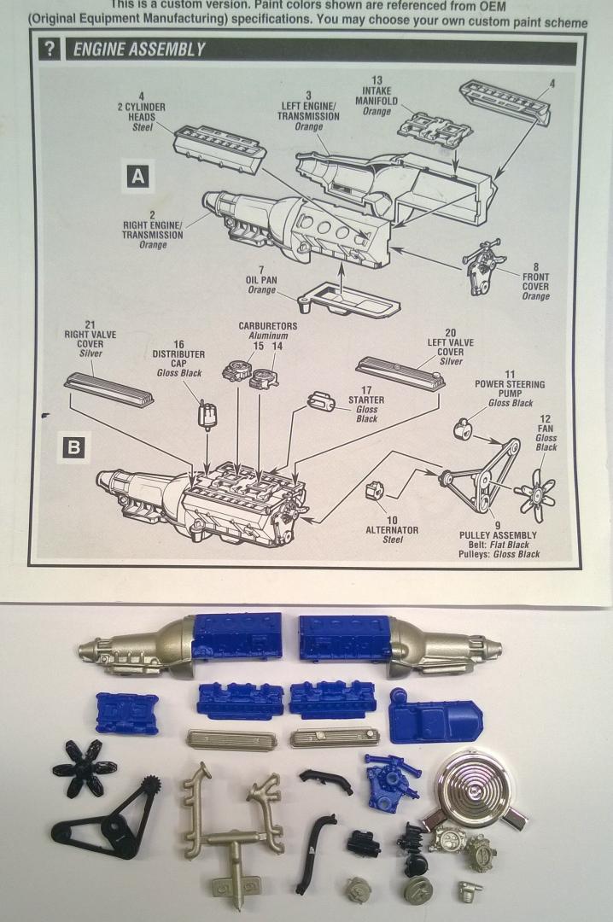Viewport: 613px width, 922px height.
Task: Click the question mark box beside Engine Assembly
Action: pyautogui.click(x=49, y=49)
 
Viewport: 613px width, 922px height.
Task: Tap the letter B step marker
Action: pyautogui.click(x=73, y=446)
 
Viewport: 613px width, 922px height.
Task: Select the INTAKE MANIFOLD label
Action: pyautogui.click(x=377, y=95)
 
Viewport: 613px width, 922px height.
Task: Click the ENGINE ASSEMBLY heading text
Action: pyautogui.click(x=139, y=50)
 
